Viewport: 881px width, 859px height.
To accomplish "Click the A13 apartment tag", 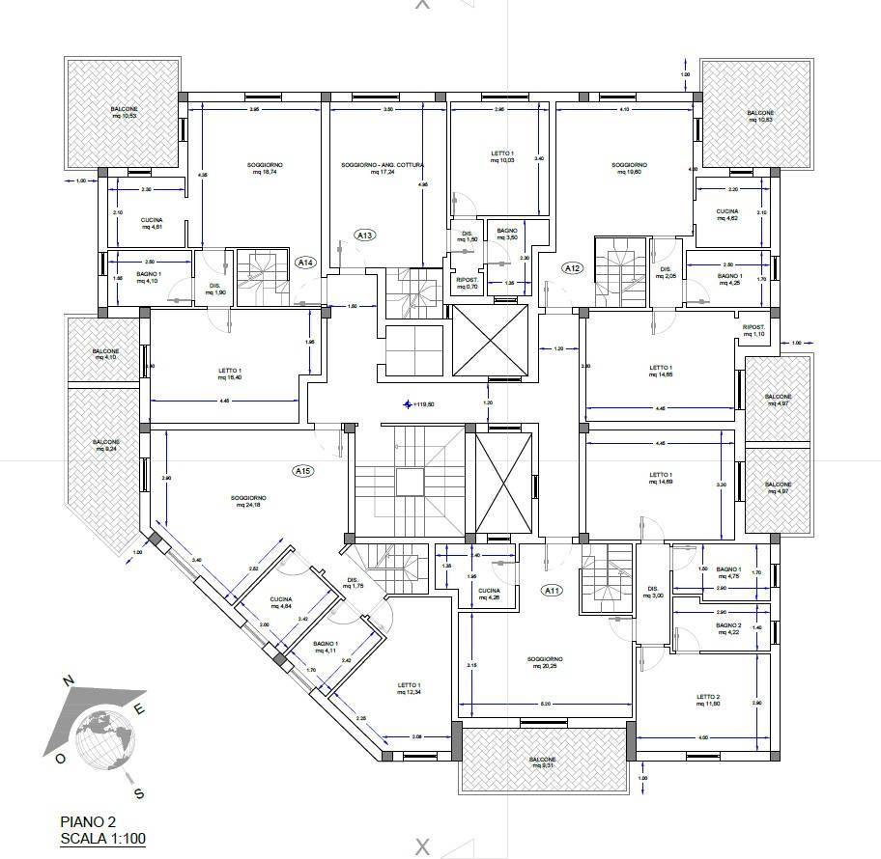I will (366, 235).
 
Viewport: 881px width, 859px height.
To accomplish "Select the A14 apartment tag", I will (305, 262).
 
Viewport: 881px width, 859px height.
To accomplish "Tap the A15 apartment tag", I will (303, 471).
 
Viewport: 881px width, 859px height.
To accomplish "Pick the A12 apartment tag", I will (573, 268).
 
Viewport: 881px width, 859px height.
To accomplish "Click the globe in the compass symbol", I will (105, 735).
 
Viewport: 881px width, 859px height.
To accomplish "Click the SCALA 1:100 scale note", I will (102, 838).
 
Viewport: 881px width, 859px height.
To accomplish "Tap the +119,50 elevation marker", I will (420, 404).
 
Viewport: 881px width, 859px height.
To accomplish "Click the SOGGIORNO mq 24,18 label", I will (250, 502).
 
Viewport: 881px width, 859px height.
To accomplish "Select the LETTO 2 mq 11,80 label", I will (707, 701).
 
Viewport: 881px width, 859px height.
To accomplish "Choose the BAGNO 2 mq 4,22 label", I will (728, 629).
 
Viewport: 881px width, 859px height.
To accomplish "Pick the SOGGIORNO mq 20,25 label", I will (545, 664).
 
